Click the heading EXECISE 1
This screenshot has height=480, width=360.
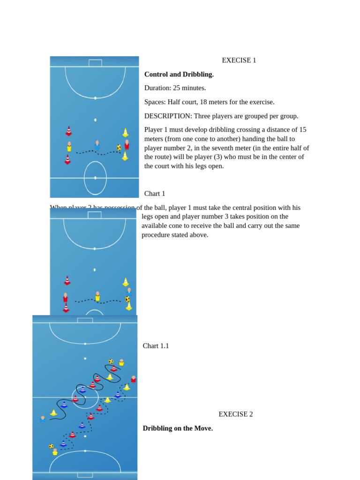coord(239,60)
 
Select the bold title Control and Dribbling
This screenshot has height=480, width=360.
coord(179,75)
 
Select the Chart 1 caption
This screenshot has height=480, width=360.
coord(155,194)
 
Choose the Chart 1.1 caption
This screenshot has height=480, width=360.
coord(156,346)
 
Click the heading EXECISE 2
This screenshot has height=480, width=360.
coord(235,414)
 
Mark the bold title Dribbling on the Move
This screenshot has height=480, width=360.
coord(178,428)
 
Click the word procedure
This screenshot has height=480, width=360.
coord(156,235)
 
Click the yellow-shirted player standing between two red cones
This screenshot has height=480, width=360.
coord(69,147)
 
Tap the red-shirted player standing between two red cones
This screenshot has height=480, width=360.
coord(66,298)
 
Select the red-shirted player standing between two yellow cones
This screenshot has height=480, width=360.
coord(127,144)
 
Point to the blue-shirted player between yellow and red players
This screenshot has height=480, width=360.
coord(97,145)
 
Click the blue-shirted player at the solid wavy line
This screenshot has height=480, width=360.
coord(43,419)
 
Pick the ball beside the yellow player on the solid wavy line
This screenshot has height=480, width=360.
coord(111,361)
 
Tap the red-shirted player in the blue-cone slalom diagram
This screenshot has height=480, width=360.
coord(134,379)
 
